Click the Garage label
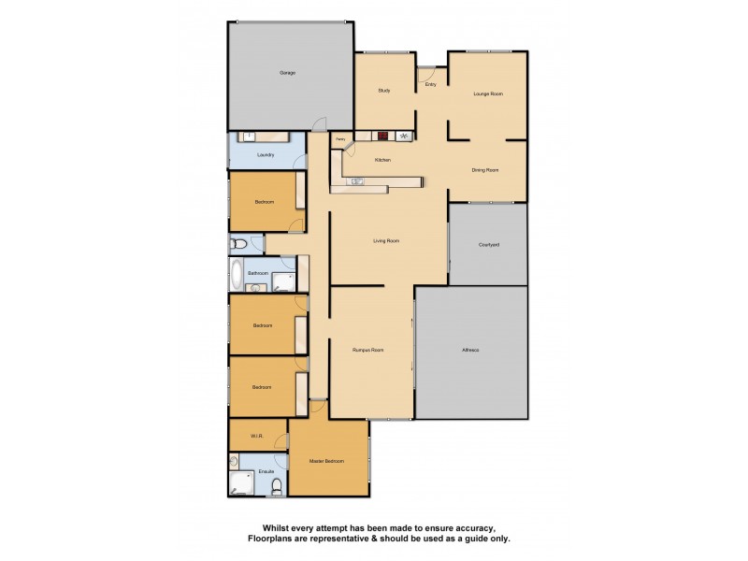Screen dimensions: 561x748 (287, 73)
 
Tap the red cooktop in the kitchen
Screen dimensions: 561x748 (382, 136)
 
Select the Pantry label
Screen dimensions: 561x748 (341, 140)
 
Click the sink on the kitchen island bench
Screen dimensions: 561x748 (358, 180)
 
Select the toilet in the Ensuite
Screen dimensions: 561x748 (276, 485)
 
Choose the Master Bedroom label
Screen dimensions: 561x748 (327, 461)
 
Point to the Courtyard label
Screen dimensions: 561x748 (488, 244)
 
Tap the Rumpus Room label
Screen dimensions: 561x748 (368, 351)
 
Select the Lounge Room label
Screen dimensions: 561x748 (487, 93)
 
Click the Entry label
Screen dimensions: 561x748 (431, 85)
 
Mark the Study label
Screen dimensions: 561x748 (383, 91)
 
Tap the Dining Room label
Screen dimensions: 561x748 (485, 170)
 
